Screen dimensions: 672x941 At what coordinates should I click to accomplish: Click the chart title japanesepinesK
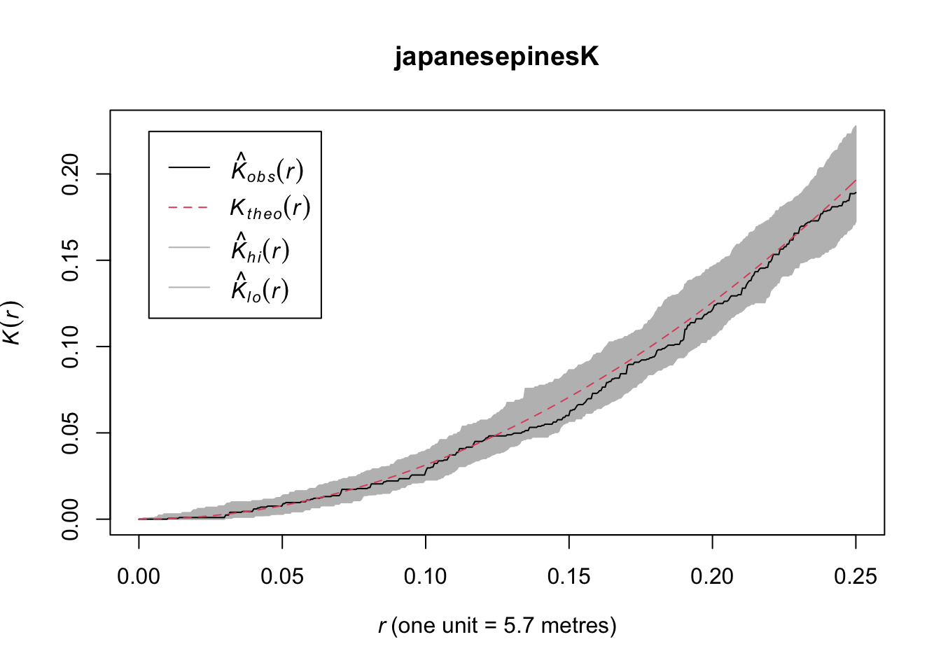[496, 57]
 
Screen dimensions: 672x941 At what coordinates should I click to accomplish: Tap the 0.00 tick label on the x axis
[139, 577]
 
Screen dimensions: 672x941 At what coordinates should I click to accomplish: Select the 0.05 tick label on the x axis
[282, 577]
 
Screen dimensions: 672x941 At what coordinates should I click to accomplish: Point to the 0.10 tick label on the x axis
[426, 577]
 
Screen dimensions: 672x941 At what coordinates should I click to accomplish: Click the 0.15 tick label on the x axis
[569, 577]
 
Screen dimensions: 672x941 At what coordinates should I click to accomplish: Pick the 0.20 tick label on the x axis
[712, 577]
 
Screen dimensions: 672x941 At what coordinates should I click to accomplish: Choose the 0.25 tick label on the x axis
[856, 577]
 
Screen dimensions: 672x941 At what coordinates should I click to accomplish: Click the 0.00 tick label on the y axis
[71, 519]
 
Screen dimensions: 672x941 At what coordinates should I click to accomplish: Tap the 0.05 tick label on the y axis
[71, 433]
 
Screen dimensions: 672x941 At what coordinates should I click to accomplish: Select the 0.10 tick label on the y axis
[71, 346]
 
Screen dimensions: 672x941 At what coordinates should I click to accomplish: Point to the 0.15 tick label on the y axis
[71, 260]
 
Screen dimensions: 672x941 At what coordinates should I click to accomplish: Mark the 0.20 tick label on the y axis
[71, 174]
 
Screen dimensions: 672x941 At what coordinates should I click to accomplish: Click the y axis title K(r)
[12, 322]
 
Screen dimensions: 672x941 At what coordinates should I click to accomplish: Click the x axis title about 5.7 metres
[497, 625]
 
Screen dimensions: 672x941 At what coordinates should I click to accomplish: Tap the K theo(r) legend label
[270, 208]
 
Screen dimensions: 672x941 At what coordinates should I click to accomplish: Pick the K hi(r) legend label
[260, 248]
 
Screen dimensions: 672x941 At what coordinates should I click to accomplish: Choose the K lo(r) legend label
[260, 288]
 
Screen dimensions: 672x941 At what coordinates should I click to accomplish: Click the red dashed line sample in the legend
[189, 207]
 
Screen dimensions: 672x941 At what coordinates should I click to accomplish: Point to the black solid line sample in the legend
[189, 167]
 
